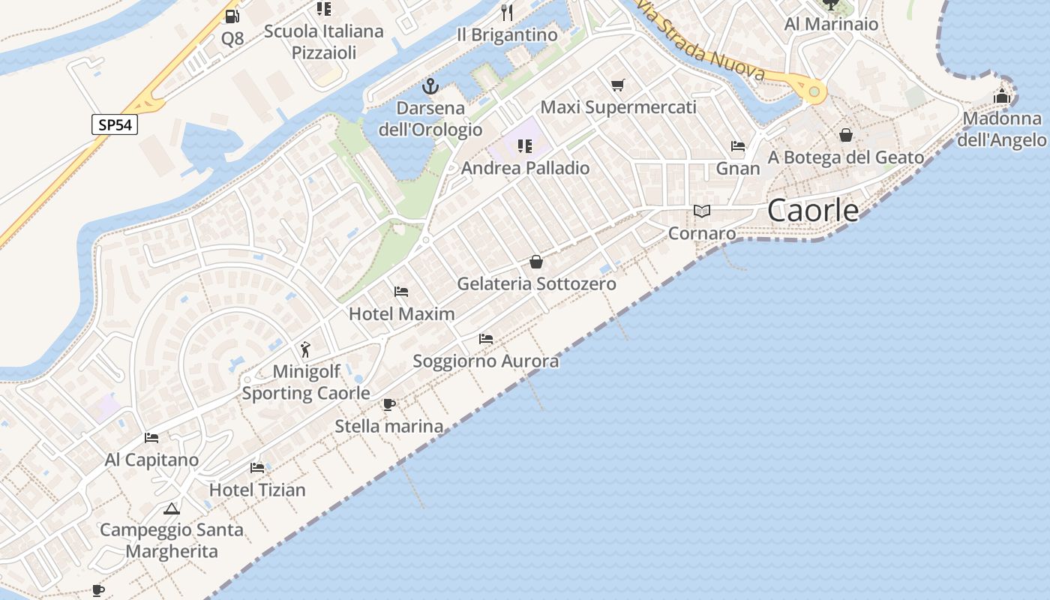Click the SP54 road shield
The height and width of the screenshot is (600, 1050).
point(115,124)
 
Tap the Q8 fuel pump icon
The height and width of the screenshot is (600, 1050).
point(232,16)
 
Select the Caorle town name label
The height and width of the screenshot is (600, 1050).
point(813,211)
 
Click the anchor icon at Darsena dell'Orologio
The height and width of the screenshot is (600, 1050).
point(430,85)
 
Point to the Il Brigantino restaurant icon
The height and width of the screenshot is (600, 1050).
point(507,13)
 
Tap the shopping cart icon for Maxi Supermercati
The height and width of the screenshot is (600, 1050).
point(617,85)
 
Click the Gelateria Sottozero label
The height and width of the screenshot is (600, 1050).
point(536,283)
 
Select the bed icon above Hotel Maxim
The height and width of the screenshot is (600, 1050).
point(401,291)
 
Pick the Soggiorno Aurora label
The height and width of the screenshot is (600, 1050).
point(485,361)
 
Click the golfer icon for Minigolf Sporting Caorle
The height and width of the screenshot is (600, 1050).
point(305,349)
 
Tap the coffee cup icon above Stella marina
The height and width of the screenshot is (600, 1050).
point(388,404)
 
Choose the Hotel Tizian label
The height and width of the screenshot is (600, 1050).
point(257,490)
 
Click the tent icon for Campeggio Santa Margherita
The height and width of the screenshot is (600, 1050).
point(172,508)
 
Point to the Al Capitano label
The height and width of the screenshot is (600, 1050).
point(151,460)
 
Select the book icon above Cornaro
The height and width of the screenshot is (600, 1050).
point(702,211)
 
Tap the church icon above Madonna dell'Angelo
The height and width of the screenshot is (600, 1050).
point(1002,96)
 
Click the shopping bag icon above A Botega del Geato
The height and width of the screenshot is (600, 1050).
point(846,135)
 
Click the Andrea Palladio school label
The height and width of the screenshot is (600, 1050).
point(525,168)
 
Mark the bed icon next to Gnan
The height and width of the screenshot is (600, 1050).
point(738,146)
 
